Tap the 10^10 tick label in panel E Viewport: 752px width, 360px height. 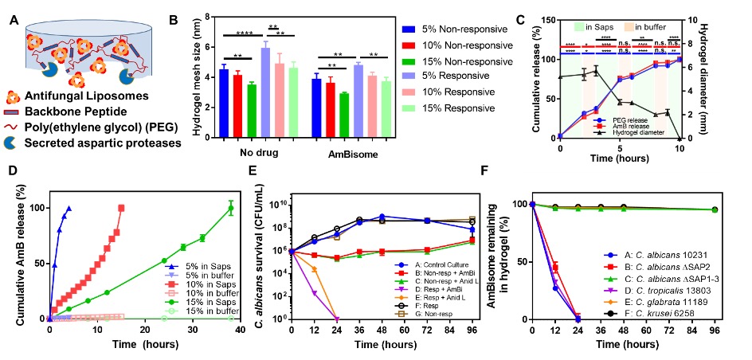[x=280, y=205]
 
